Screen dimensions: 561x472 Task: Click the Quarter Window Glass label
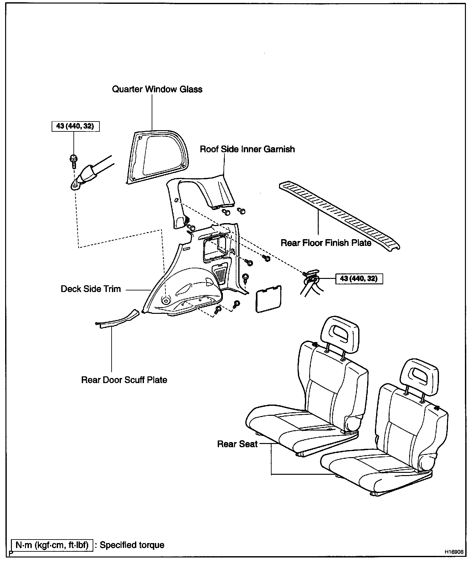pos(157,89)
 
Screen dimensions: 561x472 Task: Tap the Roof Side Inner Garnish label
pos(247,149)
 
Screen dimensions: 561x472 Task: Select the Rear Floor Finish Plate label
pos(326,243)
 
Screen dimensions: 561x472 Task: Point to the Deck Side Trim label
pos(91,289)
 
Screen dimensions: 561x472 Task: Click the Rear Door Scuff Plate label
pos(124,380)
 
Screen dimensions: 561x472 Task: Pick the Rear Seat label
pos(237,444)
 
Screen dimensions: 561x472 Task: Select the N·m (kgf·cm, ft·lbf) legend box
pos(52,545)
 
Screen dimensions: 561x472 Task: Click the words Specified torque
pos(132,545)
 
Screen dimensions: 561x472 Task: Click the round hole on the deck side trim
pos(166,301)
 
